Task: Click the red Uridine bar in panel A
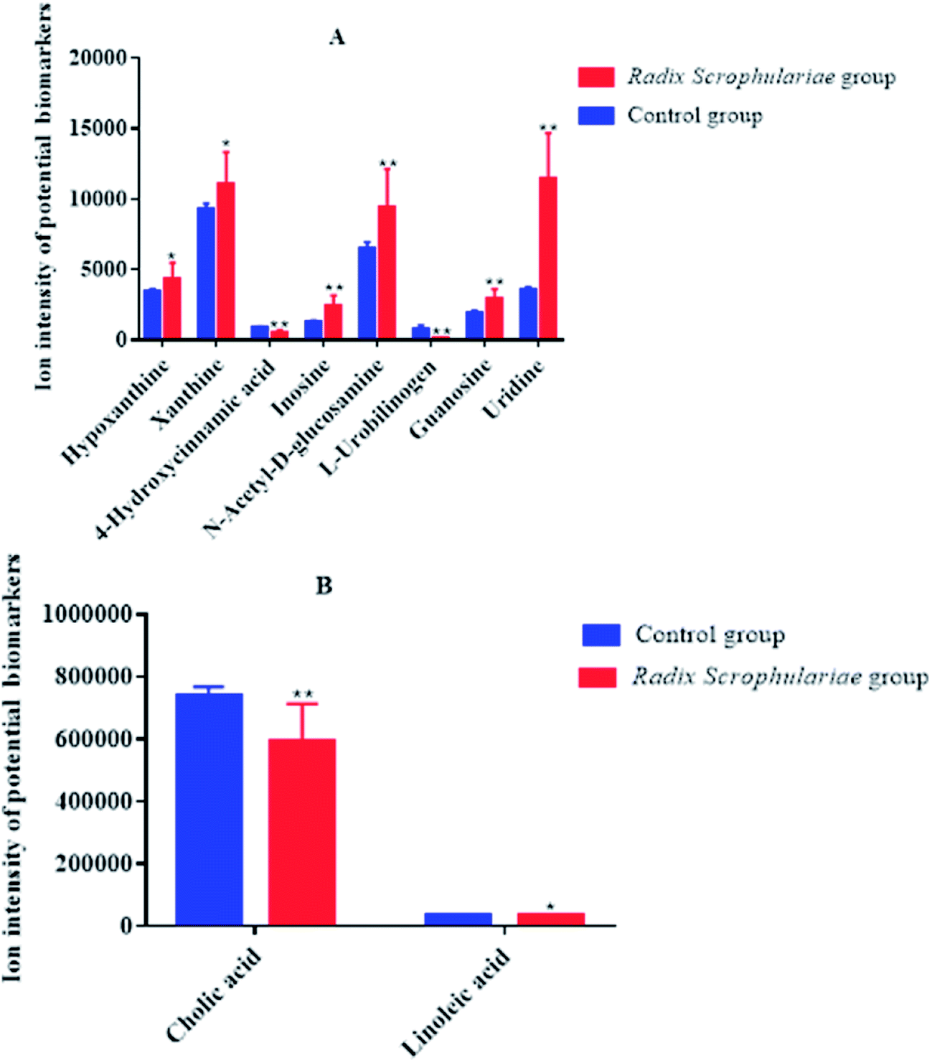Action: tap(548, 258)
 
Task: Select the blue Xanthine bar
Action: tap(206, 273)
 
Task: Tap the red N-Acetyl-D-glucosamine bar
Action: tap(387, 272)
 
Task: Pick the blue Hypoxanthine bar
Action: tap(152, 314)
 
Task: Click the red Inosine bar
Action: tap(333, 321)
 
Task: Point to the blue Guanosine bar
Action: tap(474, 324)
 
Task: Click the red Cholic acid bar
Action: tap(302, 832)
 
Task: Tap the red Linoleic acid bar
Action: tap(551, 919)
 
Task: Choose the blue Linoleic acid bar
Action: tap(458, 919)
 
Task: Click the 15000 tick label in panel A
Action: tap(98, 128)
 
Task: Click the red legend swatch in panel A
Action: tap(596, 77)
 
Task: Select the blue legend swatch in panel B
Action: tap(601, 634)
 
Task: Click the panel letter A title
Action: tap(336, 37)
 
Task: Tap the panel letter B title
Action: tap(324, 586)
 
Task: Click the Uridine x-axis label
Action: tap(514, 389)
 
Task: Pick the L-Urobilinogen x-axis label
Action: tap(380, 418)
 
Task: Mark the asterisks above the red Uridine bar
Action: tap(548, 128)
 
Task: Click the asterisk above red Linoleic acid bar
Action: tap(550, 906)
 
